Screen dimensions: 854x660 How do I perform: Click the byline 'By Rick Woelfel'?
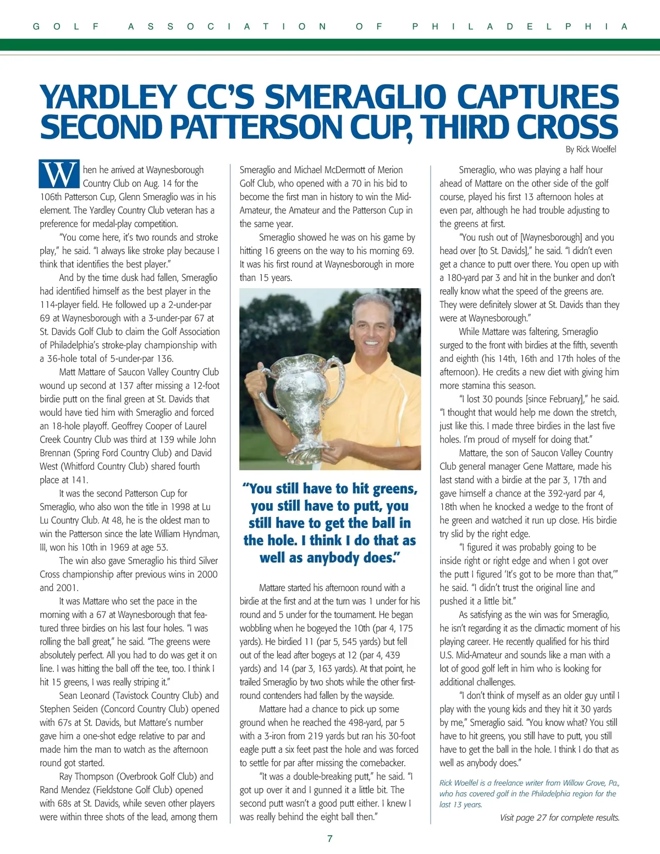[590, 150]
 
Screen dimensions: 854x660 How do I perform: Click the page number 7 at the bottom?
[330, 838]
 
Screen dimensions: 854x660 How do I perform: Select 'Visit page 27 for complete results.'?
[560, 818]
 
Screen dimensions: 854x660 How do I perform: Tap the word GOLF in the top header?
[66, 26]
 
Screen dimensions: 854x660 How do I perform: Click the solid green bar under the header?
[330, 45]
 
